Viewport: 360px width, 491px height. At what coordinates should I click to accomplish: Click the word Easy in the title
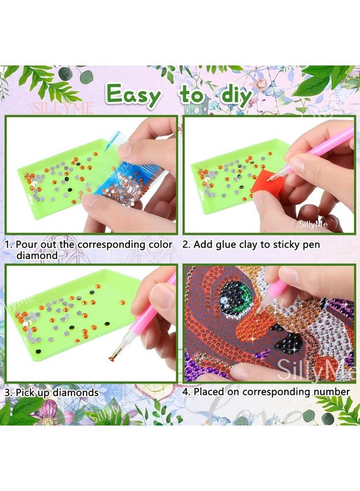(134, 94)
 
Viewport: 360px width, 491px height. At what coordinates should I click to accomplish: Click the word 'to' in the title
(191, 95)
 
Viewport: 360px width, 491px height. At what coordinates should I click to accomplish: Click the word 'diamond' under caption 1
(36, 255)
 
